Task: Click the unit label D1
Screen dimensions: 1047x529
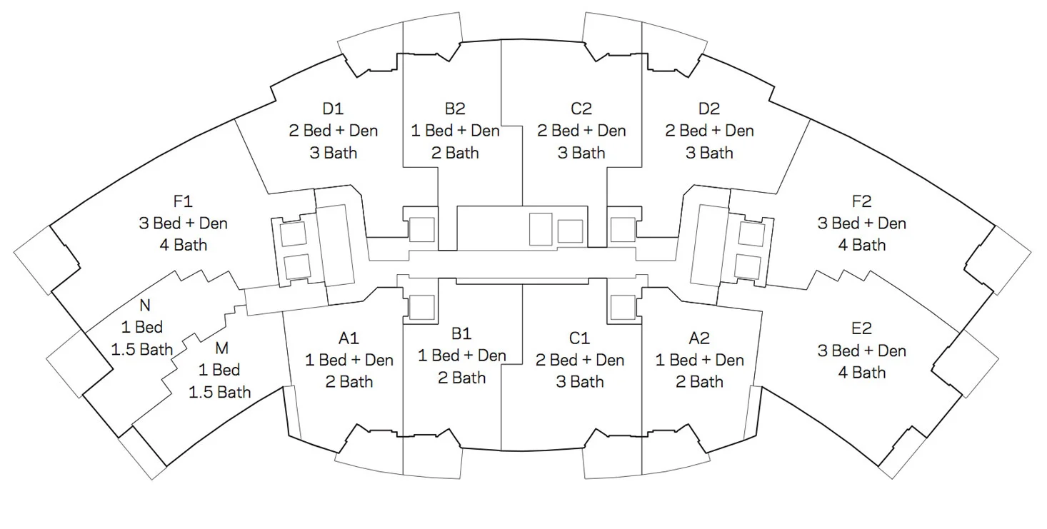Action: point(333,109)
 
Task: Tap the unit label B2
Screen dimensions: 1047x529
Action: point(455,109)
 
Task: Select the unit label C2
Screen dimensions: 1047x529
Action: point(581,109)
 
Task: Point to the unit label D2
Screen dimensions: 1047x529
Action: point(709,109)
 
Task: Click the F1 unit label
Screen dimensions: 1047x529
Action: point(183,201)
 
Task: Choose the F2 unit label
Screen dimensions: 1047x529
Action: point(861,201)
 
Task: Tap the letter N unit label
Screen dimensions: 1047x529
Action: point(145,306)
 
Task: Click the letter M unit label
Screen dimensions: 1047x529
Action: point(221,348)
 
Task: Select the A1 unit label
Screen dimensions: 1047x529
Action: point(349,338)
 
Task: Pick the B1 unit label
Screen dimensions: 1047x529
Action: point(461,333)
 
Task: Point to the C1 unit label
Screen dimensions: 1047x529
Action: point(580,338)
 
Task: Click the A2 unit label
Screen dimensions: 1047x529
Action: point(699,338)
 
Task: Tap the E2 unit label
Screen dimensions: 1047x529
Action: point(861,329)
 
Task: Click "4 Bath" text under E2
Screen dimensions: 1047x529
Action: point(861,372)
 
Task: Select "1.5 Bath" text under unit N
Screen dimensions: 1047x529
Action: point(142,349)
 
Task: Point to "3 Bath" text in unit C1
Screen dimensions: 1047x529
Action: point(580,382)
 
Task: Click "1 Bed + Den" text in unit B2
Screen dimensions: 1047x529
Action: point(455,131)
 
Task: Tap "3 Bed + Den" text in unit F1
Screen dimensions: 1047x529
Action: point(183,223)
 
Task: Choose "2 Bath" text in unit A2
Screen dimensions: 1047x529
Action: point(699,382)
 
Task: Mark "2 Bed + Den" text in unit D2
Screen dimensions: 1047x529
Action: point(709,131)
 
